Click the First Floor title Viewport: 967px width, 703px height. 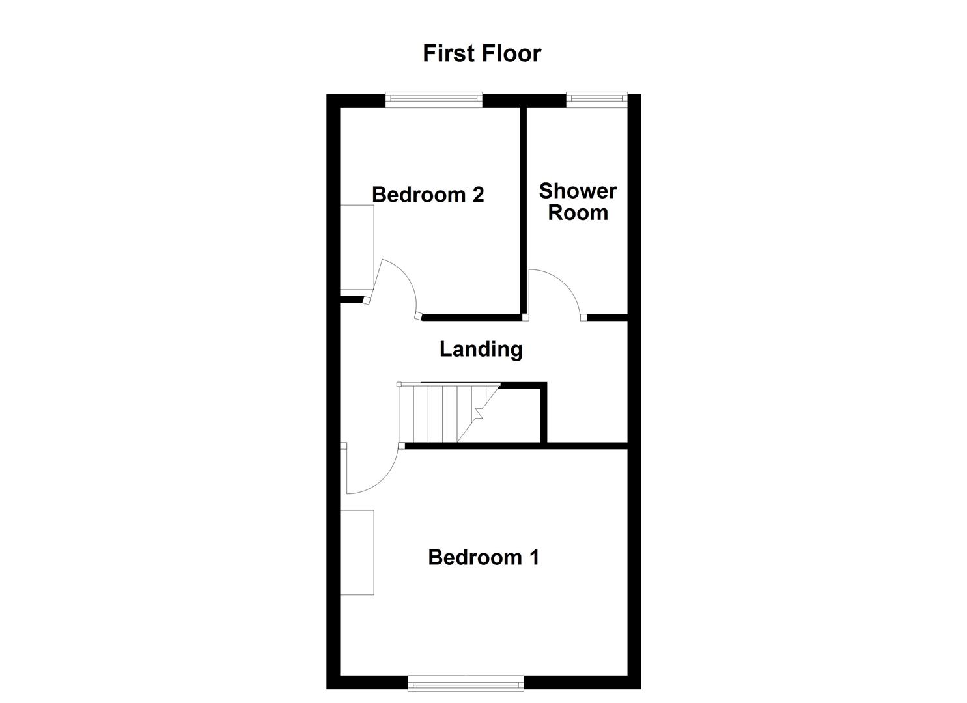click(482, 53)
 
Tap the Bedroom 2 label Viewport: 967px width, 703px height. click(428, 195)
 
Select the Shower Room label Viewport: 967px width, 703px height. click(578, 202)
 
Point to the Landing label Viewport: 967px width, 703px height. click(481, 350)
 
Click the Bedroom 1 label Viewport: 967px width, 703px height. click(483, 557)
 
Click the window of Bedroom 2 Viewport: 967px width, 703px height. click(434, 100)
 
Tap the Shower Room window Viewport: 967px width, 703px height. click(596, 99)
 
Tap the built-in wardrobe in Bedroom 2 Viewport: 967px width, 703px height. click(357, 247)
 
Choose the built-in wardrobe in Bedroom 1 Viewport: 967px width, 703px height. click(357, 552)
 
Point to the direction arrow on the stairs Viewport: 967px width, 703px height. click(480, 412)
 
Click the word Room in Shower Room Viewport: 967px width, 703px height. click(578, 213)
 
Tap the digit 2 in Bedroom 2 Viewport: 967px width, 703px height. click(478, 195)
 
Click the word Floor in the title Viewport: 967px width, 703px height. click(510, 53)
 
